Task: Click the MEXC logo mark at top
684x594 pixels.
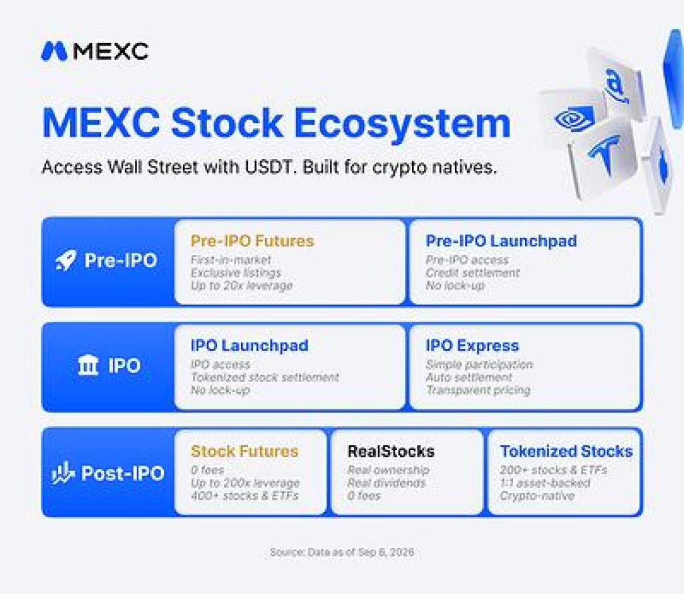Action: point(54,51)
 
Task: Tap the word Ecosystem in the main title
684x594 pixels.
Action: point(402,124)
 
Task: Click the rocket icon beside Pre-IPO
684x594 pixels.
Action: point(65,260)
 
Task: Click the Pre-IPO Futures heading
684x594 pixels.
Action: point(252,241)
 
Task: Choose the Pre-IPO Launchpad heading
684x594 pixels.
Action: point(501,241)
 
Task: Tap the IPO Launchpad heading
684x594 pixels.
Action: point(250,345)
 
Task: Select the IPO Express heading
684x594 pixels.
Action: point(472,345)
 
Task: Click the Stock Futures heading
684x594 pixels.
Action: point(244,451)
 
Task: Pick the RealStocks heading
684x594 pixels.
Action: point(391,451)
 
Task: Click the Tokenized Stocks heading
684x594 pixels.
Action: point(566,451)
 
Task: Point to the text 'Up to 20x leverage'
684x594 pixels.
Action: point(241,286)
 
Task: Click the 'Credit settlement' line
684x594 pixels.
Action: point(472,272)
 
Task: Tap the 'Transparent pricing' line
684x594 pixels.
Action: point(478,390)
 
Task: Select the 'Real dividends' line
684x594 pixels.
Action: point(386,483)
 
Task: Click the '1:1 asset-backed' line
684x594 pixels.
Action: point(545,483)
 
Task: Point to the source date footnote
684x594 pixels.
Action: point(341,552)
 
